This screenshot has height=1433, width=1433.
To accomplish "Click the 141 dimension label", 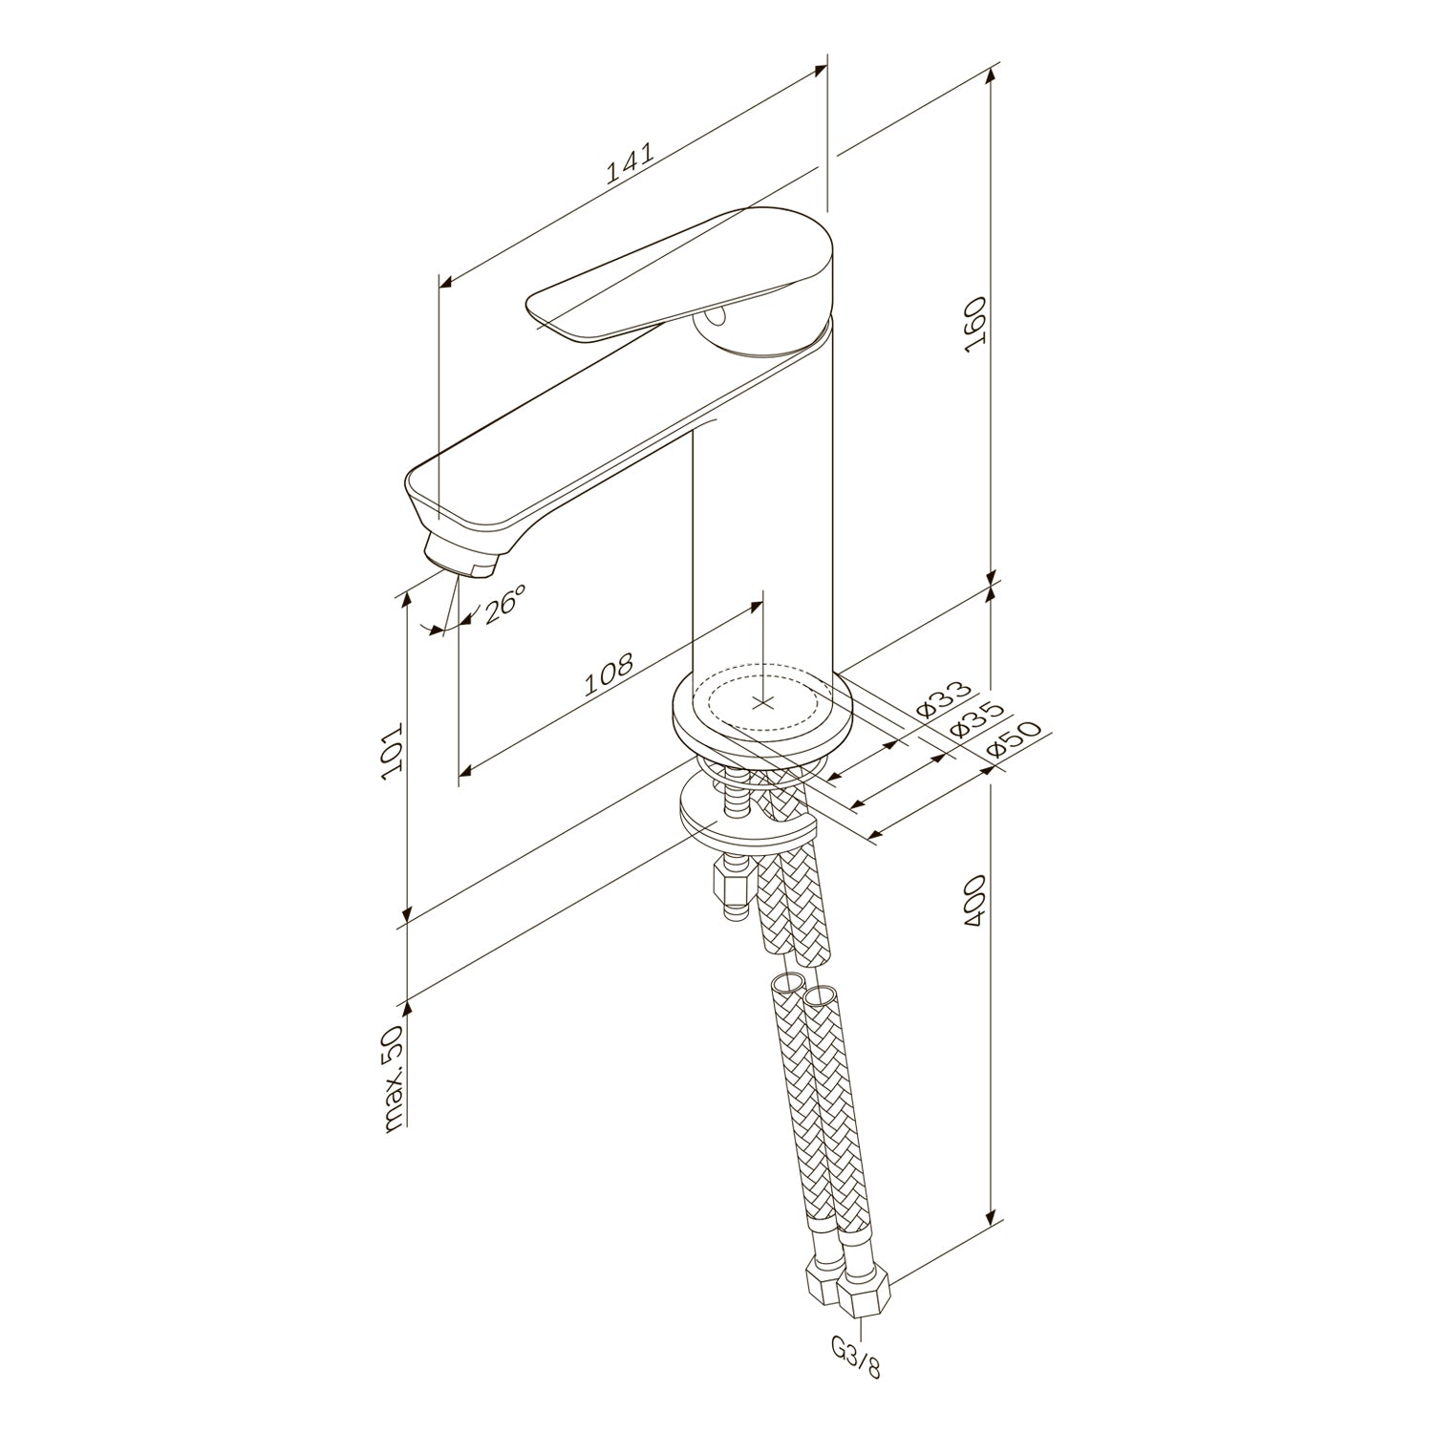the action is (x=630, y=163).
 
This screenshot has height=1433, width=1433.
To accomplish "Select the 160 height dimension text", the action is (x=974, y=325).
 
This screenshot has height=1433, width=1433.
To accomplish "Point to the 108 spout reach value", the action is (x=609, y=674).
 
